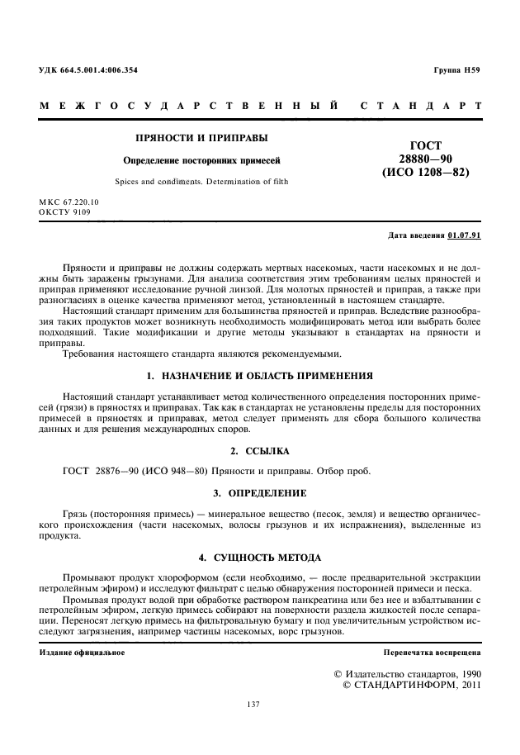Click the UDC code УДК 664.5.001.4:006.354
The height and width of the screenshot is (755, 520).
tap(88, 70)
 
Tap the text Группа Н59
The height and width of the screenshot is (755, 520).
tap(456, 70)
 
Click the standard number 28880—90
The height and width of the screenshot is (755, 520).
tap(425, 159)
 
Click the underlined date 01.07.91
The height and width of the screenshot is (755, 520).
tap(464, 235)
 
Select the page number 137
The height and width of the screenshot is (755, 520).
tap(254, 704)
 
